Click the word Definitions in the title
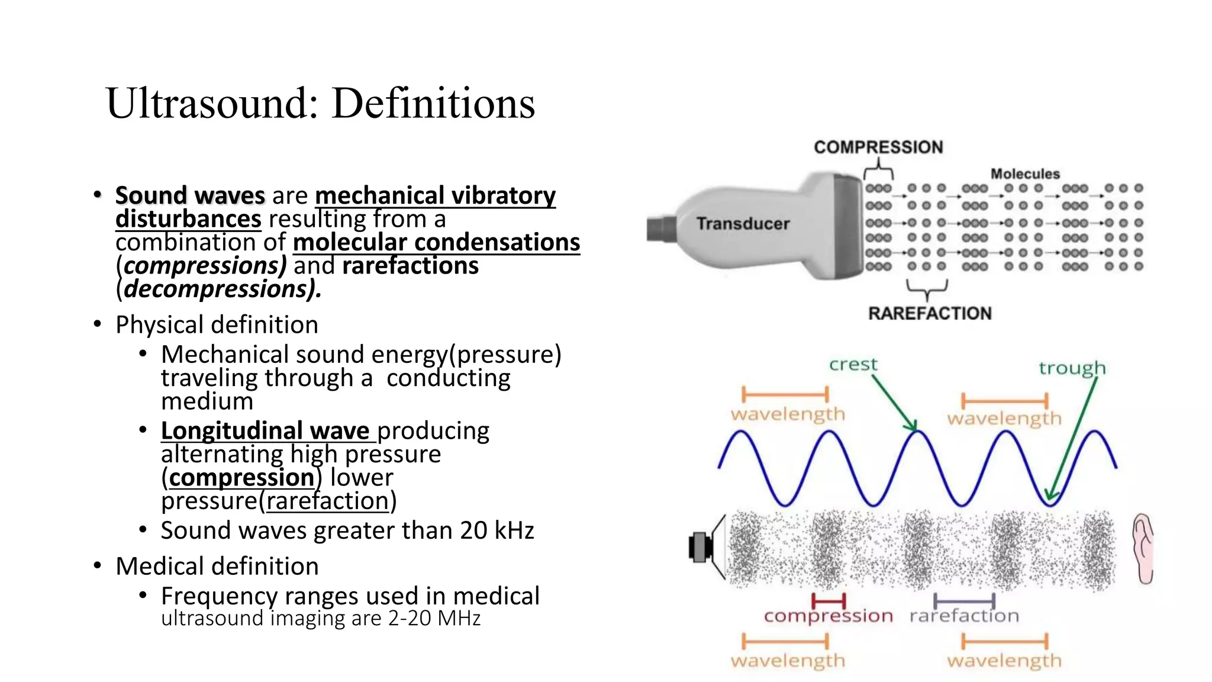pos(433,104)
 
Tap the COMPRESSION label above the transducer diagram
pos(878,147)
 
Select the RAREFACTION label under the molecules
pos(929,313)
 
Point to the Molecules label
pos(1025,174)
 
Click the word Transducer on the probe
pos(743,224)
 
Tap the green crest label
pos(853,364)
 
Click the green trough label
pos(1072,368)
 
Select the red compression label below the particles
pos(828,616)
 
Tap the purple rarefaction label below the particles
pos(964,616)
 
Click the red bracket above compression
pos(829,601)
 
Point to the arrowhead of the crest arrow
pos(913,426)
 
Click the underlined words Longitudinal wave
pos(265,431)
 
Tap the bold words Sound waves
pos(190,195)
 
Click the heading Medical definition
pos(217,567)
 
